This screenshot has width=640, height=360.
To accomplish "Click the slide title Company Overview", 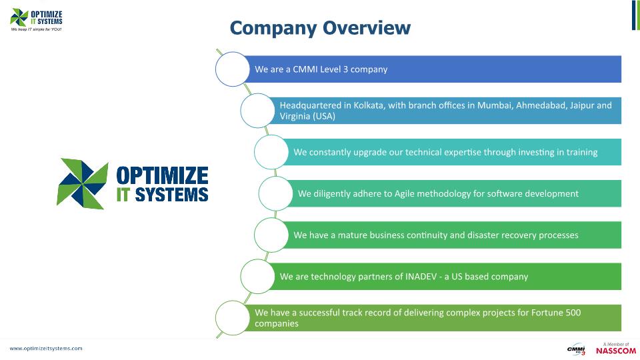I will (x=320, y=28).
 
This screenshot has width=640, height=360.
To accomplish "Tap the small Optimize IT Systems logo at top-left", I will (x=37, y=17).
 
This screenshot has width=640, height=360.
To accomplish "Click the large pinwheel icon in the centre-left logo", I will (x=83, y=184).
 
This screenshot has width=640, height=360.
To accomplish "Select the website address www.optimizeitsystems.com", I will (x=46, y=348).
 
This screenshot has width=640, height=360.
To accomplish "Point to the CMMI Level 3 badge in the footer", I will (x=576, y=349).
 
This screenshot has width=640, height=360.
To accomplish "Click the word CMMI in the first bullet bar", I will (x=305, y=69).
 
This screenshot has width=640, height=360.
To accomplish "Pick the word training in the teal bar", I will (x=579, y=153).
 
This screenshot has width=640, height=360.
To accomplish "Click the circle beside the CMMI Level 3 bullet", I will (x=232, y=69).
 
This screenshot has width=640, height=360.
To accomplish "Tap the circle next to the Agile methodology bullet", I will (x=275, y=194).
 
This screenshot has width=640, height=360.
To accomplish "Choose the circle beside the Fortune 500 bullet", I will (x=233, y=318).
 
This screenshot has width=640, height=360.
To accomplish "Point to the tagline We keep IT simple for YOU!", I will (x=37, y=30).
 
